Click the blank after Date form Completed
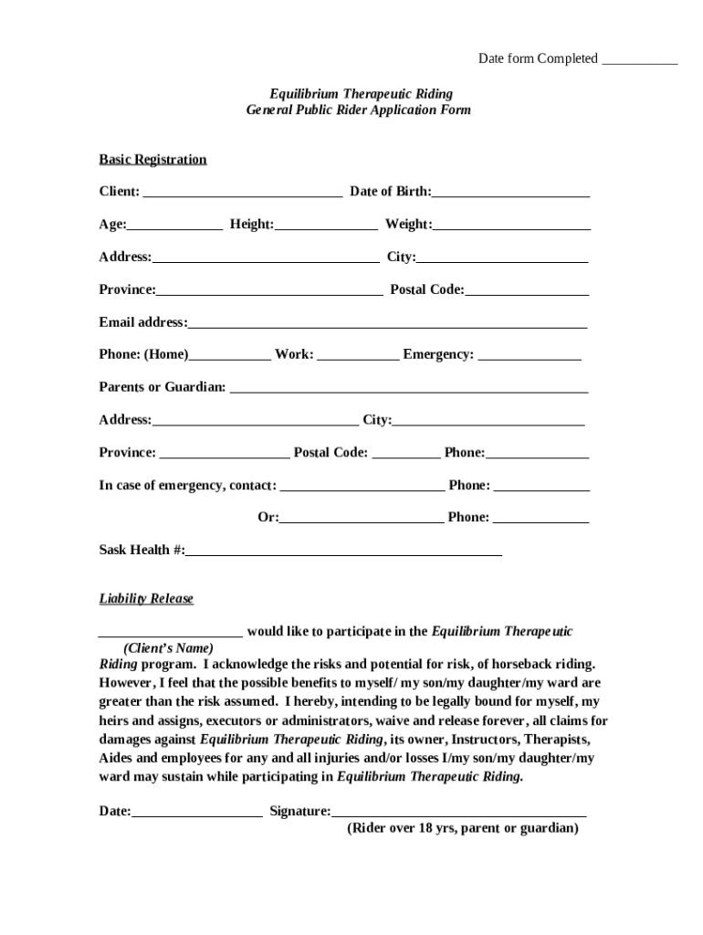[639, 60]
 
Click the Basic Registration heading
[152, 160]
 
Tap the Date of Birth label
[391, 192]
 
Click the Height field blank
[326, 226]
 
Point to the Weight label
[407, 225]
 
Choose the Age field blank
[174, 226]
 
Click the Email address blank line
[387, 323]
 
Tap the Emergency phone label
[438, 355]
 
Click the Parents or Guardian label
[163, 387]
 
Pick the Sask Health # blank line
[343, 552]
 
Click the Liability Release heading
[146, 599]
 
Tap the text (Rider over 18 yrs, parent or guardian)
[463, 829]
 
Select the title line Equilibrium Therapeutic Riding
[361, 94]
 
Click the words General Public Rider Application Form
[359, 110]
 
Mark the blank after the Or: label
[362, 519]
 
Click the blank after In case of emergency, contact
[362, 487]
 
